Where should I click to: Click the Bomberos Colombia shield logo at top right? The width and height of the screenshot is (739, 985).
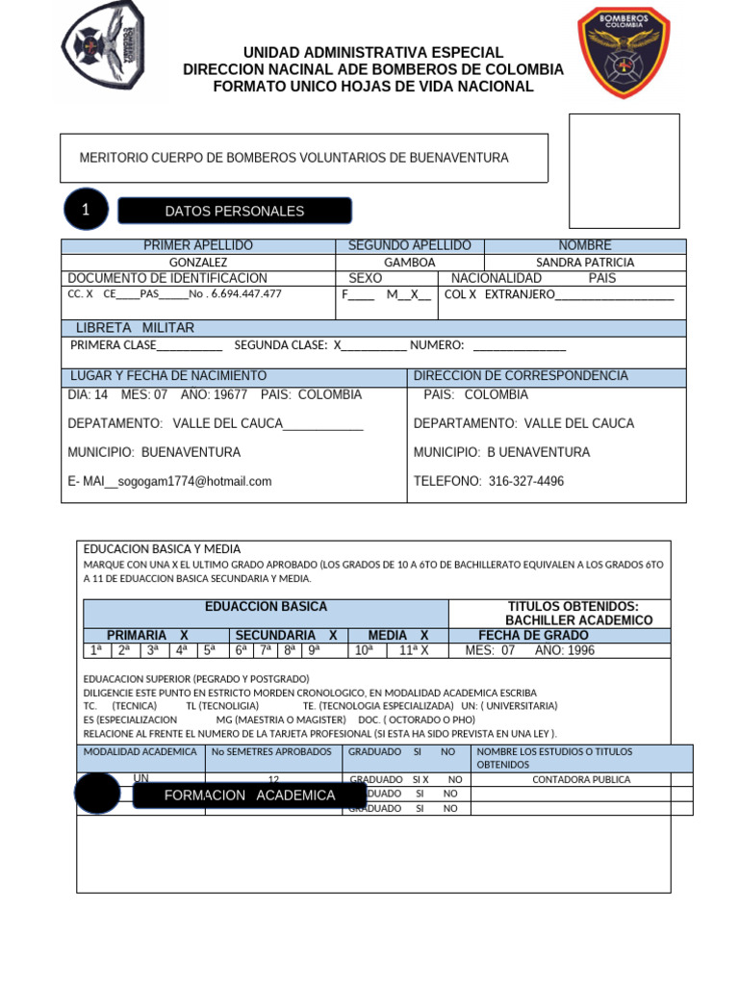tap(624, 53)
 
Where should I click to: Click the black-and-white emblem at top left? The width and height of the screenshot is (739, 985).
tap(103, 44)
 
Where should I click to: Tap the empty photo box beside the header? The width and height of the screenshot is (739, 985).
tap(624, 170)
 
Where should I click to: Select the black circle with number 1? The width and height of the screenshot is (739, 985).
tap(86, 211)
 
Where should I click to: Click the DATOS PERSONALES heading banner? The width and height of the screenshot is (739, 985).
tap(234, 211)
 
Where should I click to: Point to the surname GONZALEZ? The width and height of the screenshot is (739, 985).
tap(198, 262)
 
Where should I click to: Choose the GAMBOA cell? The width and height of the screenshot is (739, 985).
tap(410, 262)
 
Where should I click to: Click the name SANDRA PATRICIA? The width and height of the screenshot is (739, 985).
tap(585, 262)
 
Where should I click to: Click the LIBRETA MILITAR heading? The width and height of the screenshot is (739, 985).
tap(134, 328)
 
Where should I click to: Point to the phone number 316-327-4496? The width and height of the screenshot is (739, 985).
tap(526, 481)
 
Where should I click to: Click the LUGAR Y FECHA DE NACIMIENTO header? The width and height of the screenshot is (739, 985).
tap(168, 376)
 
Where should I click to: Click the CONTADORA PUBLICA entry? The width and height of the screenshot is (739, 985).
tap(581, 779)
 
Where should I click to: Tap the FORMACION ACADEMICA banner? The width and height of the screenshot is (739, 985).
tap(249, 796)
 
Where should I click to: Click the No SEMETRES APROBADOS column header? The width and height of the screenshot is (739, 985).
tap(271, 751)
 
